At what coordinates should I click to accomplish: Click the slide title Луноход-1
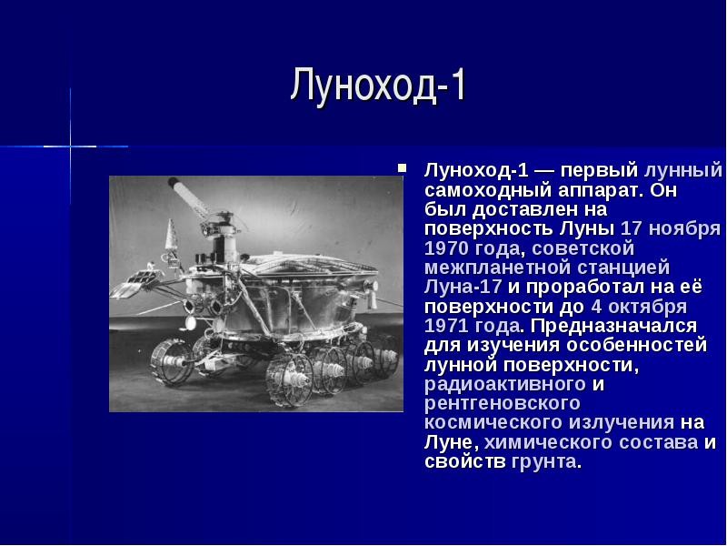378,86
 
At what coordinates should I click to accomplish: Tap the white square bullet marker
402,168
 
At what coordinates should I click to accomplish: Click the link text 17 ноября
671,229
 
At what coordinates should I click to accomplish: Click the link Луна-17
463,287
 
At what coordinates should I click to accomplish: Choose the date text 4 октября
639,307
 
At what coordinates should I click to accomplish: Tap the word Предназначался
613,326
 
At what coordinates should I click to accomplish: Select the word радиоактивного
505,384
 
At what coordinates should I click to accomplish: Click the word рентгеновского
503,403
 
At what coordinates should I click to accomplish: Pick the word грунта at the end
543,462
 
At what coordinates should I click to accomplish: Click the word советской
583,248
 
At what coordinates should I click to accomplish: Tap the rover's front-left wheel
171,361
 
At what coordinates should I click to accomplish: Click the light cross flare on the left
71,147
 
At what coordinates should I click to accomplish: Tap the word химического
544,442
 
